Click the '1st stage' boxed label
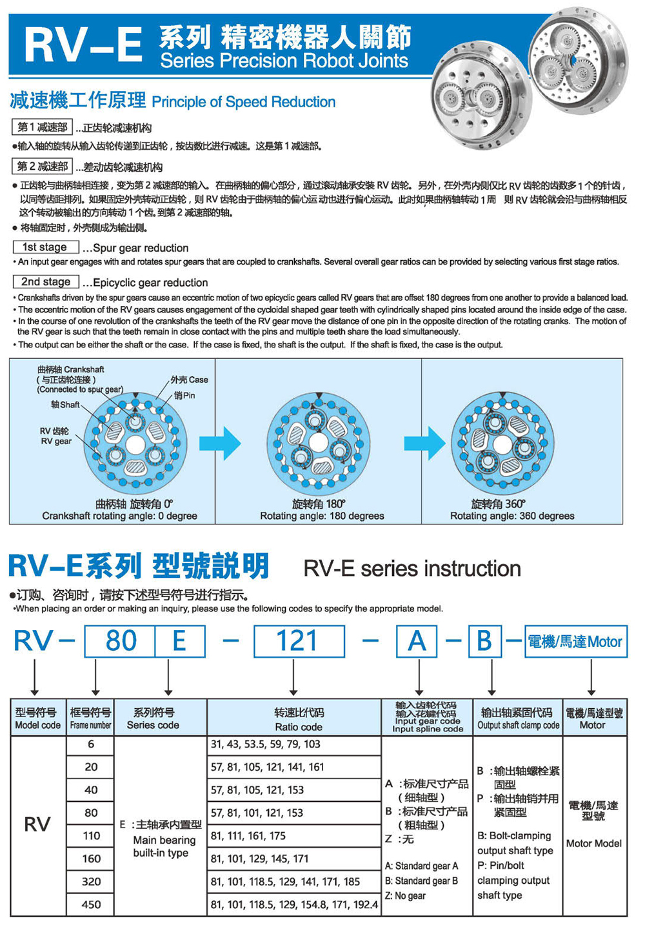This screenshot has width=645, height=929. point(45,247)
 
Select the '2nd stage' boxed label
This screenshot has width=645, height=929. point(46,282)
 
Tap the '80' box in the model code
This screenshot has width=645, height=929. point(121,641)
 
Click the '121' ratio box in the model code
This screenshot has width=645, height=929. point(299,641)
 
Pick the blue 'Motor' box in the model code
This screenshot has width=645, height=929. point(575,642)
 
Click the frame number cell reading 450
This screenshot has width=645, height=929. point(91,904)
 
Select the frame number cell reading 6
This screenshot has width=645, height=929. point(91,744)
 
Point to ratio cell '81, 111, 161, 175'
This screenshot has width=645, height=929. point(248,836)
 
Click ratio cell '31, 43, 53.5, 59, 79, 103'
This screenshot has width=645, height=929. point(266,744)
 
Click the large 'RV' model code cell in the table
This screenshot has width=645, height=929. point(37,824)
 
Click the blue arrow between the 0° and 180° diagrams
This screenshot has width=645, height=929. point(220,444)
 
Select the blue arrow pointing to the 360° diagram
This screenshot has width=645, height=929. point(424,444)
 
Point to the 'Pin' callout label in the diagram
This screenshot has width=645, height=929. point(184,395)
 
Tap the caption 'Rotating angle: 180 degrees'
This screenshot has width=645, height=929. point(322,516)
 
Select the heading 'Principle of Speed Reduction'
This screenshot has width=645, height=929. point(244,102)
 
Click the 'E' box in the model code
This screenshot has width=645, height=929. point(179,641)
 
